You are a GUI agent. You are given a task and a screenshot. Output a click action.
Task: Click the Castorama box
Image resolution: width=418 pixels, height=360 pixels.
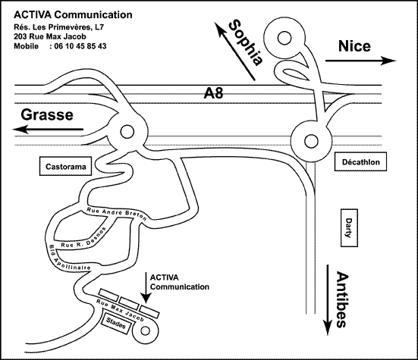tap(65, 166)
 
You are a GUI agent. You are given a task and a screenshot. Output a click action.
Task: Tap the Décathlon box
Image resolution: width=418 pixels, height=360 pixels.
tap(360, 161)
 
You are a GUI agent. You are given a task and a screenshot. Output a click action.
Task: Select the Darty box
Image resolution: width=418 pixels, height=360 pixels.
tap(349, 228)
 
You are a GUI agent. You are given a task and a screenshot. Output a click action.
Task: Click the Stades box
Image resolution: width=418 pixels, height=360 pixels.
tap(116, 322)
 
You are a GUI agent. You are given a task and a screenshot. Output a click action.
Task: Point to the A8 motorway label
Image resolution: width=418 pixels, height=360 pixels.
tap(213, 93)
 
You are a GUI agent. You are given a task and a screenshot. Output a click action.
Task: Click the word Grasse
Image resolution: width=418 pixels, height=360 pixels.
tap(47, 114)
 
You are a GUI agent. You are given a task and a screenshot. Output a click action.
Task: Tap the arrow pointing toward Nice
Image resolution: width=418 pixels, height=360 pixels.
tap(360, 61)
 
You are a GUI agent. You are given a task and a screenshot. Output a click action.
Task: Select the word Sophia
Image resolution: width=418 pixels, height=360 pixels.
tap(246, 42)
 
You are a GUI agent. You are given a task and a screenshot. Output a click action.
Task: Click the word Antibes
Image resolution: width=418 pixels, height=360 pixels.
tap(342, 299)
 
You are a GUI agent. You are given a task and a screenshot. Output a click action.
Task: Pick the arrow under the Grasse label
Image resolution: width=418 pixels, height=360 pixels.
tap(48, 130)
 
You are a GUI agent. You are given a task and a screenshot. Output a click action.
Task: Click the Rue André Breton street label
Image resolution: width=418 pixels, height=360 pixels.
tap(117, 214)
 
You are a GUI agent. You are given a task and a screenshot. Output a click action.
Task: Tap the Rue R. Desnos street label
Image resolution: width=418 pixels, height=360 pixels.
tap(83, 239)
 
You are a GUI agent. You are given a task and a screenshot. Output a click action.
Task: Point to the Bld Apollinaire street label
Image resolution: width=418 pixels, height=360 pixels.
tap(69, 258)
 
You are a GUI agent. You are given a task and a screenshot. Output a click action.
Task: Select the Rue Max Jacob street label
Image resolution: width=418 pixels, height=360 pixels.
tap(120, 310)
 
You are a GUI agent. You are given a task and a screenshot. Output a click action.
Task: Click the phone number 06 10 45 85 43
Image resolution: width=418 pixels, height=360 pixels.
tap(80, 46)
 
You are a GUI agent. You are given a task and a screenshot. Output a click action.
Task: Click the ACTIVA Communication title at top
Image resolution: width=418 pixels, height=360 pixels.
tap(73, 14)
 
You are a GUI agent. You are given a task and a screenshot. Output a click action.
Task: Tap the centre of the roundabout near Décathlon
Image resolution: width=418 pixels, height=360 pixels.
tap(311, 141)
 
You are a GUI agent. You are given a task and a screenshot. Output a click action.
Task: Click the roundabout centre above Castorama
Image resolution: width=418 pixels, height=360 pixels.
tap(127, 132)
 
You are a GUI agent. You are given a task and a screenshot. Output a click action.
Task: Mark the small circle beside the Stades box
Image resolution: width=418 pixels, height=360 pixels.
tap(145, 331)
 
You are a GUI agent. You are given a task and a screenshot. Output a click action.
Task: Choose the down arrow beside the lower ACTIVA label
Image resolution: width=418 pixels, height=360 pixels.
tap(146, 287)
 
